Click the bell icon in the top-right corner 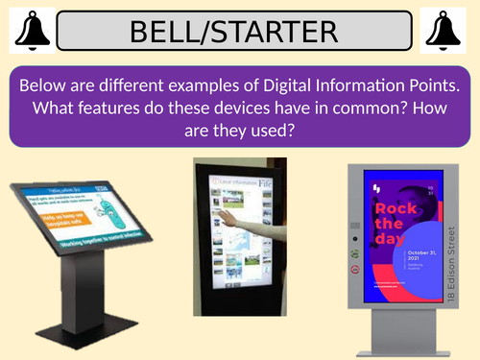tap(449, 30)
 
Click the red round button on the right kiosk tap(354, 272)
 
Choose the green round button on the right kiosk tap(354, 253)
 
